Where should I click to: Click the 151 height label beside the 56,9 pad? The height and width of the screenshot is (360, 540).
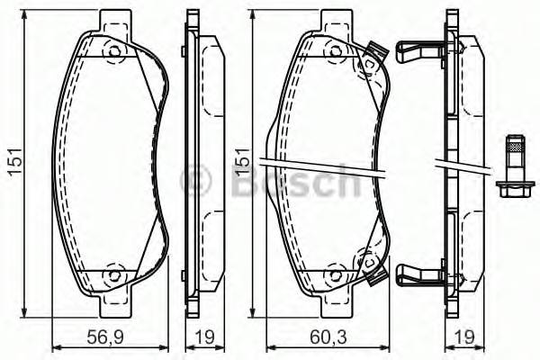13,163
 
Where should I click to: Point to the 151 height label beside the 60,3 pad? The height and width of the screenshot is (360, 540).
241,163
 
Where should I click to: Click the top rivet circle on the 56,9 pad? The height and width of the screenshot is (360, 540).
114,52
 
